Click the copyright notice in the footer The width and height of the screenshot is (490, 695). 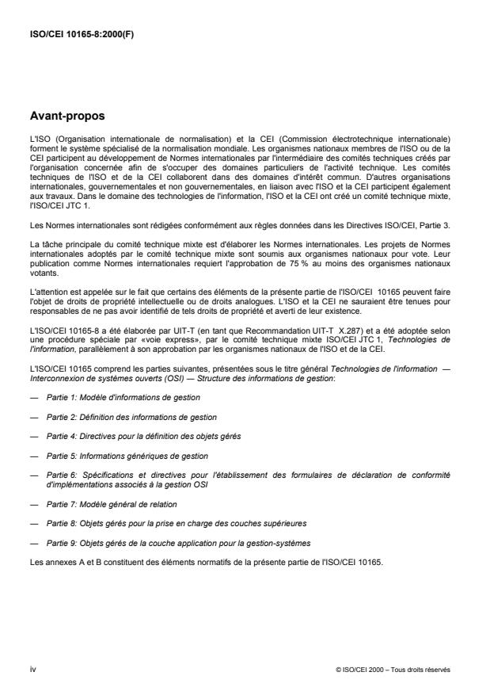[x=393, y=669]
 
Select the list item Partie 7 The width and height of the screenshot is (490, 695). [x=118, y=503]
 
